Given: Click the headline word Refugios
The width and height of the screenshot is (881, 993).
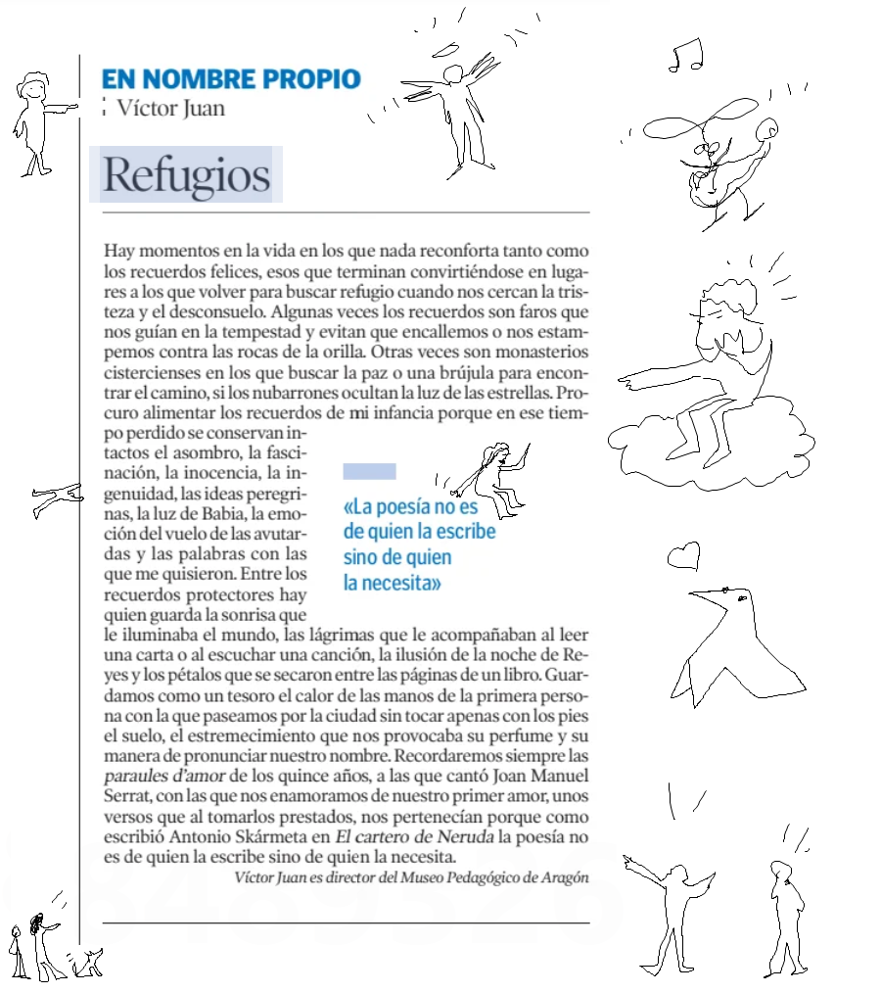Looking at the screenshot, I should (186, 175).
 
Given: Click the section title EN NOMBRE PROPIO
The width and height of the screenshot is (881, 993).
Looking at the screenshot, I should (231, 79).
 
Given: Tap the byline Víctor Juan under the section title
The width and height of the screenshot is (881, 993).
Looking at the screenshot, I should (170, 108).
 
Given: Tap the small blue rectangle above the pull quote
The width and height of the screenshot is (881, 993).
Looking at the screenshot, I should (369, 472).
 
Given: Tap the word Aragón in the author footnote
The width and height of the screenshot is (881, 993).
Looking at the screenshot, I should (564, 876).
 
